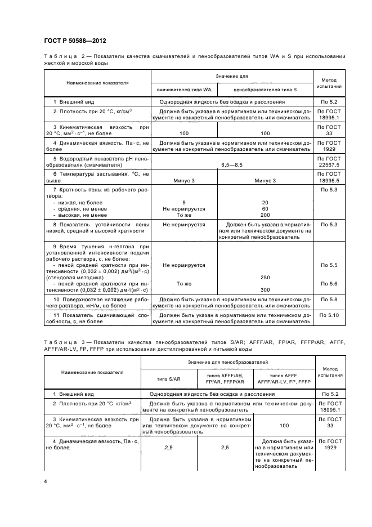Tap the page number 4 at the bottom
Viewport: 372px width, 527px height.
(46, 482)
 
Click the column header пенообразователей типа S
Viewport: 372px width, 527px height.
(265, 90)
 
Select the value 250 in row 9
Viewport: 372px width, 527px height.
(265, 278)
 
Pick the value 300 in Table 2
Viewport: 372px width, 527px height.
(265, 289)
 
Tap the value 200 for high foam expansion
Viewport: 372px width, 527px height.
(265, 215)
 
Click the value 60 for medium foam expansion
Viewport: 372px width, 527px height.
(265, 208)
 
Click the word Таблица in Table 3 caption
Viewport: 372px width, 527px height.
(60, 342)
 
